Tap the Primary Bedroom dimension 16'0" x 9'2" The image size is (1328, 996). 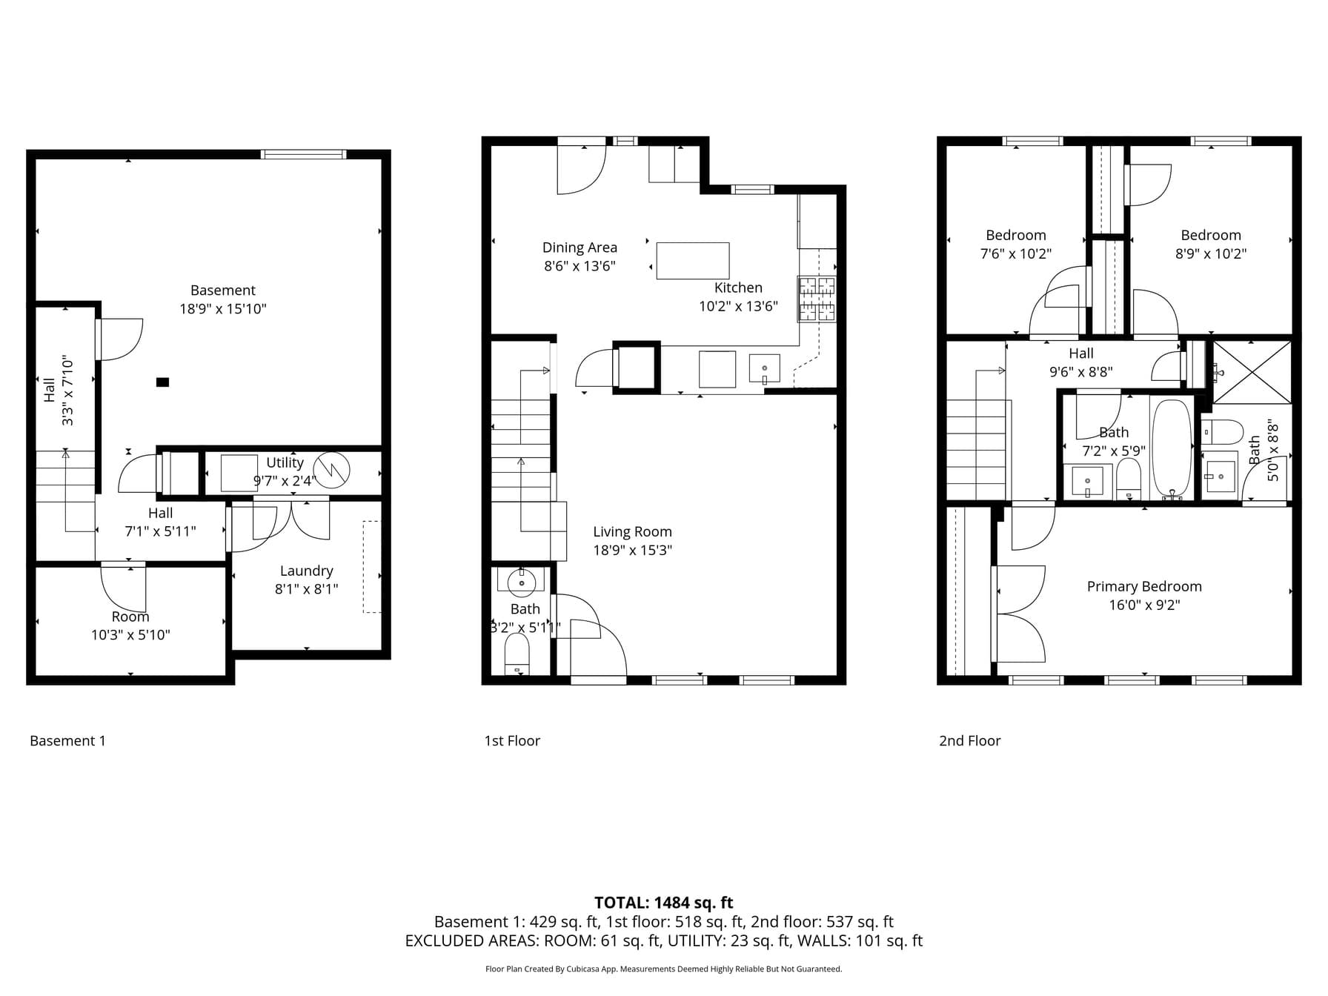pos(1144,605)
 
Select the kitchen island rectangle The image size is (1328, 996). pos(693,261)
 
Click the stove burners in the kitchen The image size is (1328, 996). pos(817,299)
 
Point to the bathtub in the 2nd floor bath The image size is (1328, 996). pos(1172,449)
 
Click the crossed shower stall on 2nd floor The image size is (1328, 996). pos(1252,372)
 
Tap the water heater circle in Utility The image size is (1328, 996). pos(331,469)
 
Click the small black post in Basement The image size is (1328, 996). pos(162,382)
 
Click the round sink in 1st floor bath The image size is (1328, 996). pos(522,583)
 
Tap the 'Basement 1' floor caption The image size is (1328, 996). pos(67,740)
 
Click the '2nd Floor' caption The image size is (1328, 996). pos(969,740)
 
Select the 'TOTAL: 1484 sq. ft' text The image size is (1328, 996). pos(663,903)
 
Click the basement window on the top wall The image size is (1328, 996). pos(303,154)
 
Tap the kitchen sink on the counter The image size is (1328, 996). pos(764,368)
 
